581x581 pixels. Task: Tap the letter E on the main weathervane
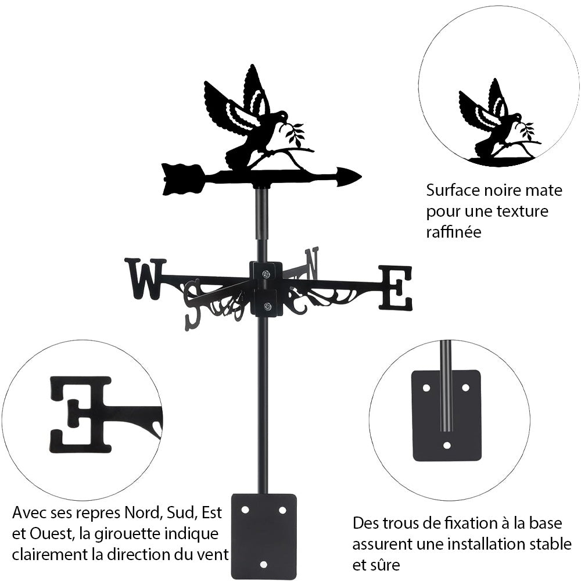(396, 287)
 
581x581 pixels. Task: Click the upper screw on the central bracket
(266, 274)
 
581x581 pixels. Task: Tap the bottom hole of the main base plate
(264, 564)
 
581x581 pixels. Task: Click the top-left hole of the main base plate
(245, 510)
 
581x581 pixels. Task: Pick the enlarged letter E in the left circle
(80, 414)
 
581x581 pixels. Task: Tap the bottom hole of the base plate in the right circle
(447, 446)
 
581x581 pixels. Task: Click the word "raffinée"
(454, 232)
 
